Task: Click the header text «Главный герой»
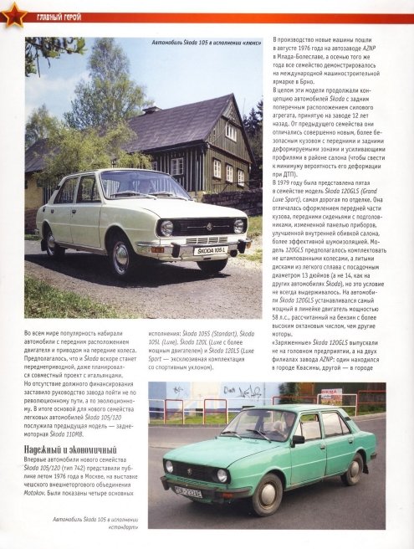(57, 17)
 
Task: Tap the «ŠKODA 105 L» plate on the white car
(210, 250)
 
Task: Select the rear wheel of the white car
(51, 243)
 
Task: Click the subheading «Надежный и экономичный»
(61, 453)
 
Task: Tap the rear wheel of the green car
(354, 469)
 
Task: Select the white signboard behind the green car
(332, 399)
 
